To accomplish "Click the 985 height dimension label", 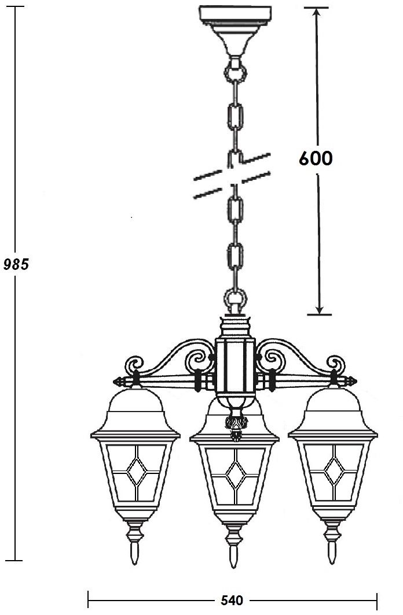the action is coord(16,264).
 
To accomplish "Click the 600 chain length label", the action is coord(316,158).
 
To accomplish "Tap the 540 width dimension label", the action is coord(232,600).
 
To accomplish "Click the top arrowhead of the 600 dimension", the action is coord(317,11).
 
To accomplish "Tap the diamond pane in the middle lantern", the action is coord(235,475).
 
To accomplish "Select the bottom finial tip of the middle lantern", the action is coord(234,567).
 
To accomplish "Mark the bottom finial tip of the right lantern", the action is coord(333,563).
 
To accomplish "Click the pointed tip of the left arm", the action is coord(113,381).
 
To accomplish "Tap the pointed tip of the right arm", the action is coord(356,381).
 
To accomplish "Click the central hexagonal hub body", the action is coord(235,365).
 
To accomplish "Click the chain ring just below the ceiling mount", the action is coord(235,73).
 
